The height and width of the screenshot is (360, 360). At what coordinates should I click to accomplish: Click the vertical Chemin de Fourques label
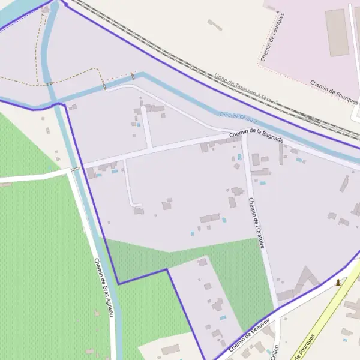274,36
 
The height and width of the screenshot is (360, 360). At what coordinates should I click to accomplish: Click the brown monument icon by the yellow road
338,281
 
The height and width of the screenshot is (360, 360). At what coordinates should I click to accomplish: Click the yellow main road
324,324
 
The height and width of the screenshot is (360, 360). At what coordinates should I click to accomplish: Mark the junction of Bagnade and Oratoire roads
244,137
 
